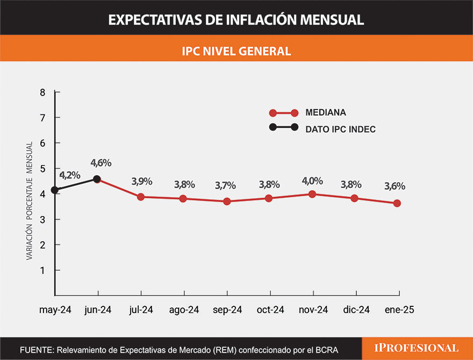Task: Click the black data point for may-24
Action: (55, 190)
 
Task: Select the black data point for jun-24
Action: (97, 179)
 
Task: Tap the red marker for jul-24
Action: (141, 197)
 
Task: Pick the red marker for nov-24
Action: (313, 194)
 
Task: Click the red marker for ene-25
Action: (397, 203)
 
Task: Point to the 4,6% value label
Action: (101, 162)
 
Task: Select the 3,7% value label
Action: (226, 185)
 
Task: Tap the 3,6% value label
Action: (395, 186)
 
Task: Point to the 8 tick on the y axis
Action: (42, 92)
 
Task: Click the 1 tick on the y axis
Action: (42, 270)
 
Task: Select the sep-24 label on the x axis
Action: (227, 310)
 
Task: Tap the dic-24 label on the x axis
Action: (356, 310)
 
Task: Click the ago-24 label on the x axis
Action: (184, 310)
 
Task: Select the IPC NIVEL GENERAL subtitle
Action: (236, 51)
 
